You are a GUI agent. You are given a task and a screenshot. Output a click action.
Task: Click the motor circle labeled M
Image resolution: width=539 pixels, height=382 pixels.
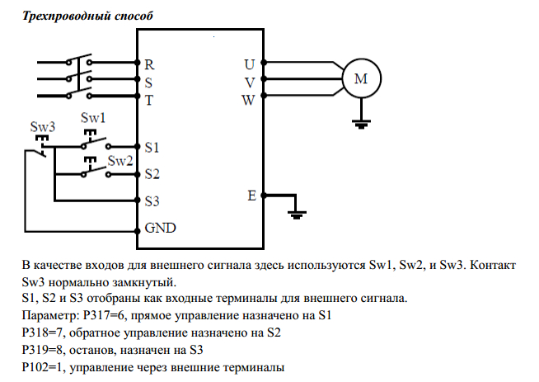click(x=360, y=80)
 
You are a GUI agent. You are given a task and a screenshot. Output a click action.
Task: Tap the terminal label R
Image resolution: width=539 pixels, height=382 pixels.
click(x=148, y=64)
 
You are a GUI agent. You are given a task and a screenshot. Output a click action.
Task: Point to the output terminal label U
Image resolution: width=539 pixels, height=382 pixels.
click(x=250, y=64)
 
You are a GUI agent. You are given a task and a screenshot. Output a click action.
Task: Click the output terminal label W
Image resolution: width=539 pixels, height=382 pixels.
click(x=249, y=101)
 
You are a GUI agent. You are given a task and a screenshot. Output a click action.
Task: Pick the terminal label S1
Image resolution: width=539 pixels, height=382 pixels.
click(x=152, y=148)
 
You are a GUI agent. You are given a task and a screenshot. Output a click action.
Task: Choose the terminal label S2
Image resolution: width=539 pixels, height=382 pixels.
click(x=152, y=174)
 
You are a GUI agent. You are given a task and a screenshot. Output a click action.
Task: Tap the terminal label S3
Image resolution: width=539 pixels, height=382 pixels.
click(x=152, y=200)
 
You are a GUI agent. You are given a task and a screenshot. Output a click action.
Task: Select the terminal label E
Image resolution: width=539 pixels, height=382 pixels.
click(x=251, y=196)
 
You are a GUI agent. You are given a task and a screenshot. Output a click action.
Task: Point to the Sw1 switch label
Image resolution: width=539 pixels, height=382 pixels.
click(x=93, y=118)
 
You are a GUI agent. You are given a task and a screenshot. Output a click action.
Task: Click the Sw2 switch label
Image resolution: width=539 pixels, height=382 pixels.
click(x=120, y=160)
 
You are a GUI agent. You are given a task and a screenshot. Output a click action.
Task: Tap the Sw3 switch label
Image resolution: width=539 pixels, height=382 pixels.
click(x=42, y=127)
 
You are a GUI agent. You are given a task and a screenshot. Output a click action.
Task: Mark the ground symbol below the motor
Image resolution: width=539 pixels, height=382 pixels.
click(x=360, y=125)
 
